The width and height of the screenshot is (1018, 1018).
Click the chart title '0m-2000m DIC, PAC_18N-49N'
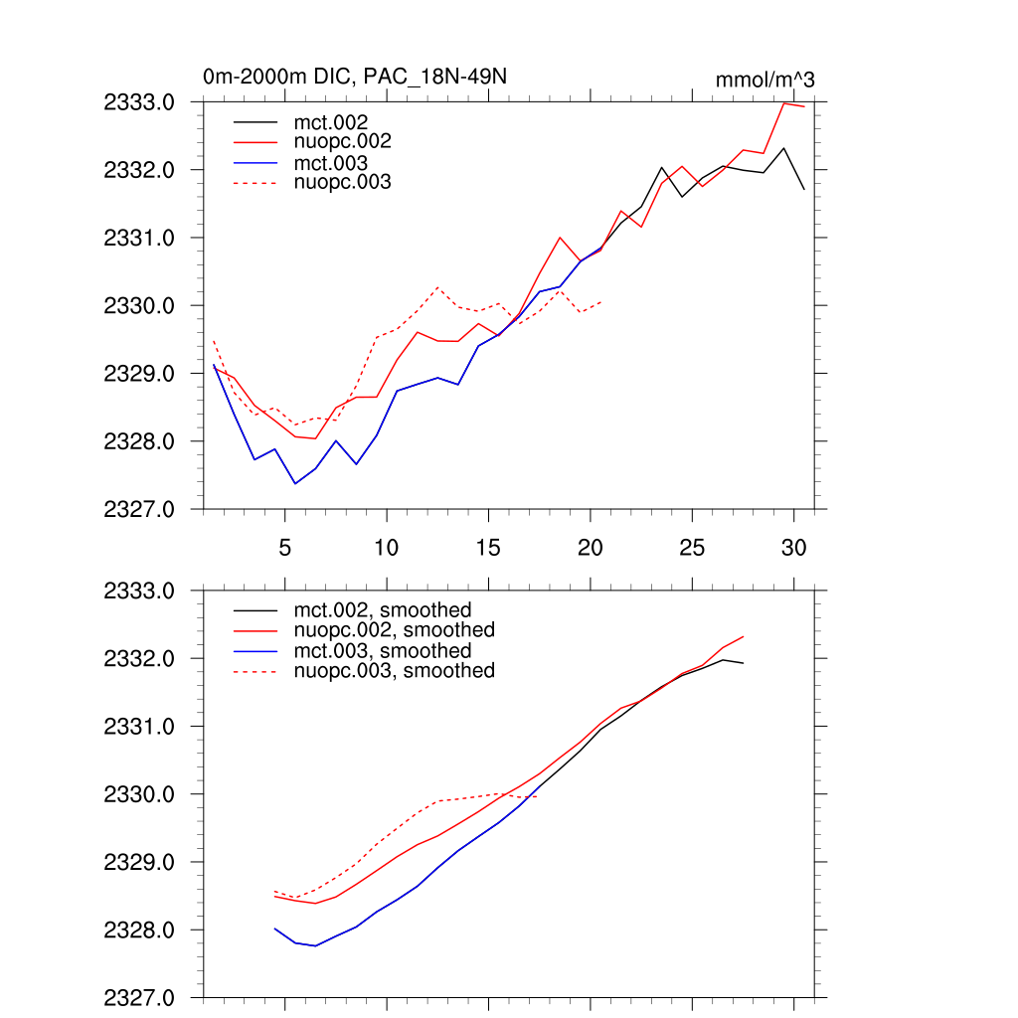point(357,78)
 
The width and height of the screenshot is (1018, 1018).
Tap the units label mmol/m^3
point(764,81)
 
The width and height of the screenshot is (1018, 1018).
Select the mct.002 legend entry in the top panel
point(337,121)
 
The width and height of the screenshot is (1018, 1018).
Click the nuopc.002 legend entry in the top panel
point(349,142)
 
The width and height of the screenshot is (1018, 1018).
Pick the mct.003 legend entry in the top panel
point(337,163)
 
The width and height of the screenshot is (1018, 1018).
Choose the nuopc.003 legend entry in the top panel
point(349,183)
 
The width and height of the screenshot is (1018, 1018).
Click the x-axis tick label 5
point(284,547)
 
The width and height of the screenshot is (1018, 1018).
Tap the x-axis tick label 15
point(488,547)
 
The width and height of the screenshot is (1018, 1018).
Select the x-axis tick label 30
point(793,547)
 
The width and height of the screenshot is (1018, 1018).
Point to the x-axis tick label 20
point(590,547)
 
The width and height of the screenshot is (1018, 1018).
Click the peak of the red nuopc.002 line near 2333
point(784,103)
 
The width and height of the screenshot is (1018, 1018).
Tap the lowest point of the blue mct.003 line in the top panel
point(295,483)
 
